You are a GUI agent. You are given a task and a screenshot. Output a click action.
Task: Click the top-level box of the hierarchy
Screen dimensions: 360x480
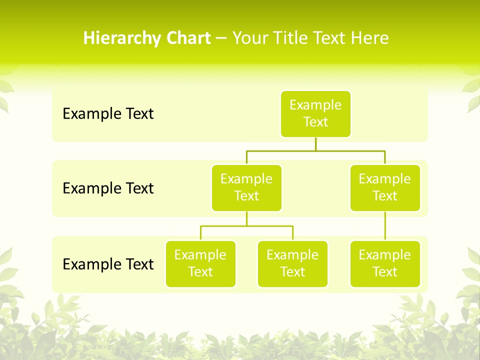[315, 114]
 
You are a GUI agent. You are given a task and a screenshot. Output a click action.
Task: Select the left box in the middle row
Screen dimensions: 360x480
[246, 188]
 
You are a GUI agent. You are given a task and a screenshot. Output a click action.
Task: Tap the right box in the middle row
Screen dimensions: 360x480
[385, 188]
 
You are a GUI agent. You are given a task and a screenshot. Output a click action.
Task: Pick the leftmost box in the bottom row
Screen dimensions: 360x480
[200, 264]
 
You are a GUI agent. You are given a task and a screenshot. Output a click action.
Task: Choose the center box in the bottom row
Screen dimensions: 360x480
[292, 264]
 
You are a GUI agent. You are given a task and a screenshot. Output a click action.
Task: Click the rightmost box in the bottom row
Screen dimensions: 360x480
[385, 264]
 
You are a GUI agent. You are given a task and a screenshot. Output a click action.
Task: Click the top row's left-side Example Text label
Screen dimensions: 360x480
[108, 114]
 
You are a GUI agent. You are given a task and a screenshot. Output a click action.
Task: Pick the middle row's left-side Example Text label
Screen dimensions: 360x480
[108, 188]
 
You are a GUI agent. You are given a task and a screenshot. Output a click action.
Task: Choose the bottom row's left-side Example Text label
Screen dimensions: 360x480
[108, 264]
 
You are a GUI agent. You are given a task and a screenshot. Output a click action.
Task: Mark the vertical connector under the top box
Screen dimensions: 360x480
[315, 144]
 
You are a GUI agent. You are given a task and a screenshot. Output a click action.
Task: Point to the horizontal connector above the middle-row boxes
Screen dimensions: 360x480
[315, 150]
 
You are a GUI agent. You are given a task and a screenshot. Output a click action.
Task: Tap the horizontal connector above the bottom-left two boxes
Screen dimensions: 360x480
[246, 226]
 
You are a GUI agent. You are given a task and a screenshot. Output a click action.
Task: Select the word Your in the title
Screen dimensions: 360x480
[250, 38]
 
